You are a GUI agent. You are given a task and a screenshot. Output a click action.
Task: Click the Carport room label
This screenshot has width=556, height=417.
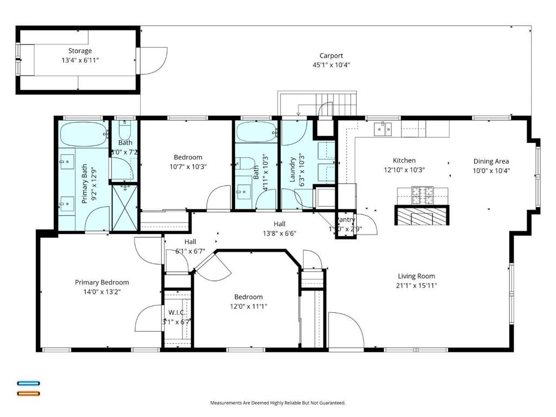331,55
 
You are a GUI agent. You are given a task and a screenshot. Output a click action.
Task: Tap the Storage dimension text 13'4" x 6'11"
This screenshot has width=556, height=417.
80,60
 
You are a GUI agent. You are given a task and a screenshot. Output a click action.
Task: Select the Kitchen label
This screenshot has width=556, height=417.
404,160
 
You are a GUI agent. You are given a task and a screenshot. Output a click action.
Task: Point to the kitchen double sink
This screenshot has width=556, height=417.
385,128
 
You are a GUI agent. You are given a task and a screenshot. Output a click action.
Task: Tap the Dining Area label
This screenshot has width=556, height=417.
491,161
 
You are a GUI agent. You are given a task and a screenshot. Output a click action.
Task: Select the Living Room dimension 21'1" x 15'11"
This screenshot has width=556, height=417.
417,286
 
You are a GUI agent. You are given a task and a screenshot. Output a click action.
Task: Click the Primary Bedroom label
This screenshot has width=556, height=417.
102,282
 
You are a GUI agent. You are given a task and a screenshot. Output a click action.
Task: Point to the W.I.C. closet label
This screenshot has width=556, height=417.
177,313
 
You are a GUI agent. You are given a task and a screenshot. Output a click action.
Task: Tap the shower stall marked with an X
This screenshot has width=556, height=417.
124,207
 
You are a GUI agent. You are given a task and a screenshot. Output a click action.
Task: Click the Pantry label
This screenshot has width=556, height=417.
346,220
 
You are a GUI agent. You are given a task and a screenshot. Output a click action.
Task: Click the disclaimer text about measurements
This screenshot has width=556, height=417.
277,403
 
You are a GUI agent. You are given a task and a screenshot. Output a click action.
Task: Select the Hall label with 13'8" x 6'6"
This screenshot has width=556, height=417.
279,224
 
